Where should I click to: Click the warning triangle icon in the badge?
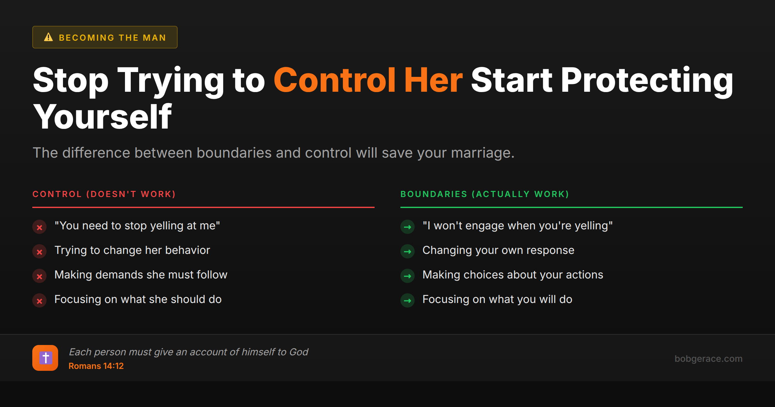(x=48, y=37)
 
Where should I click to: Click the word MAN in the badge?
(x=154, y=38)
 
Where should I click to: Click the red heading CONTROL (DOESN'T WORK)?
(x=104, y=194)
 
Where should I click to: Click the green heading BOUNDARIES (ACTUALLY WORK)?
(x=484, y=194)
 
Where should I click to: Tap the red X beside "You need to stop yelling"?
(x=39, y=227)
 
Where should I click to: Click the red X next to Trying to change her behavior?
(x=39, y=252)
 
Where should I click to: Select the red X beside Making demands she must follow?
(x=39, y=276)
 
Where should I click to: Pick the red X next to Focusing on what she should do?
(x=39, y=301)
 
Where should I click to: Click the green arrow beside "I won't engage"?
(x=408, y=227)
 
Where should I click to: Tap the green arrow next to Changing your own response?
(x=408, y=252)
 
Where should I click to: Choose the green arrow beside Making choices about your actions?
(x=408, y=276)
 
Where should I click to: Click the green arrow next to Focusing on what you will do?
(x=408, y=301)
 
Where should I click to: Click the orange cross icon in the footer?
(x=45, y=358)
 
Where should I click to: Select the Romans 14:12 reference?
(x=96, y=366)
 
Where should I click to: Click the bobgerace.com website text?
(x=708, y=359)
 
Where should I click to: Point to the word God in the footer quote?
(x=299, y=352)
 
